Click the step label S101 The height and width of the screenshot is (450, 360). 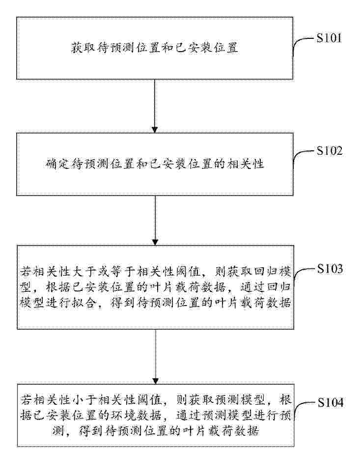point(329,38)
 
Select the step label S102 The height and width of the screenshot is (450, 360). point(330,151)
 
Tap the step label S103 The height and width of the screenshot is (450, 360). point(330,269)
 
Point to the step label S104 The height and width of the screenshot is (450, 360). point(331,403)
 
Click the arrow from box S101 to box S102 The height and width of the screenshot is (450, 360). point(155,106)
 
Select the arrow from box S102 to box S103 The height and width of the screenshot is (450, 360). point(155,221)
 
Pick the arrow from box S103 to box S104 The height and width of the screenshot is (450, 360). point(156,357)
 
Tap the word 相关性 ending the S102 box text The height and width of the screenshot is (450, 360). point(245,164)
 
